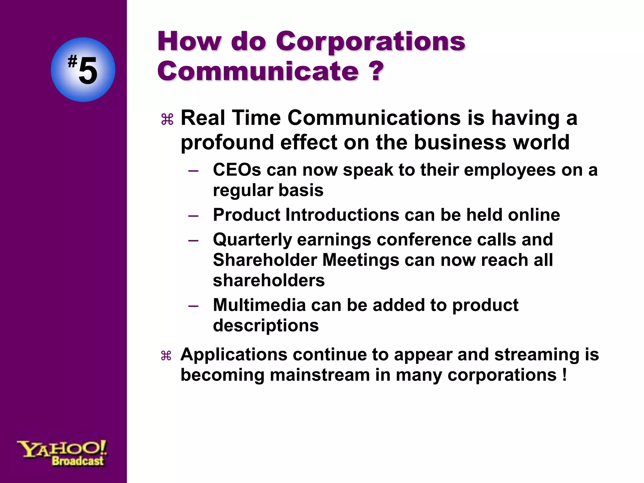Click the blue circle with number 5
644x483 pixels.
(x=83, y=69)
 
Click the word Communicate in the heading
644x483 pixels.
(x=258, y=71)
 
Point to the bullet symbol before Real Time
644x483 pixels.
(x=167, y=120)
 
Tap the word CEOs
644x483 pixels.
(x=237, y=170)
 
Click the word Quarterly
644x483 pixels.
(x=252, y=240)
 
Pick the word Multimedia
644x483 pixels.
(x=259, y=305)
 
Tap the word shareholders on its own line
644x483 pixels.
(x=269, y=280)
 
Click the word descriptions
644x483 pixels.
(x=266, y=325)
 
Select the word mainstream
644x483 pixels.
(x=319, y=375)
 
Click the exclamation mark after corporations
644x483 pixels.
(x=565, y=375)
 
